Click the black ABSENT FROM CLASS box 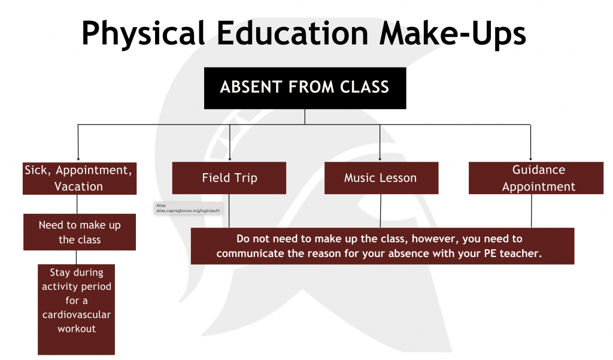click(x=305, y=88)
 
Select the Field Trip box click(x=229, y=178)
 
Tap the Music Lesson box click(x=381, y=178)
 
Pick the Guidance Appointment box click(x=536, y=178)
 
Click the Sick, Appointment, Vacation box click(x=80, y=179)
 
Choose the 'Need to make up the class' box click(x=80, y=232)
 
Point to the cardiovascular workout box click(x=76, y=310)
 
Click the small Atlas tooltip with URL click(x=188, y=208)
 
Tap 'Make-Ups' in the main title click(x=453, y=34)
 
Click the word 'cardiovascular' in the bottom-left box click(x=77, y=314)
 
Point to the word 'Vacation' click(x=78, y=187)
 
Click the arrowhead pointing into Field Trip click(x=230, y=159)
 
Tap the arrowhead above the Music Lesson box click(x=380, y=159)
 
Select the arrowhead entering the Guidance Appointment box click(x=530, y=159)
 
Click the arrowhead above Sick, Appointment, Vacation click(x=78, y=159)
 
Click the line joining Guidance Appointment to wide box click(x=532, y=211)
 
